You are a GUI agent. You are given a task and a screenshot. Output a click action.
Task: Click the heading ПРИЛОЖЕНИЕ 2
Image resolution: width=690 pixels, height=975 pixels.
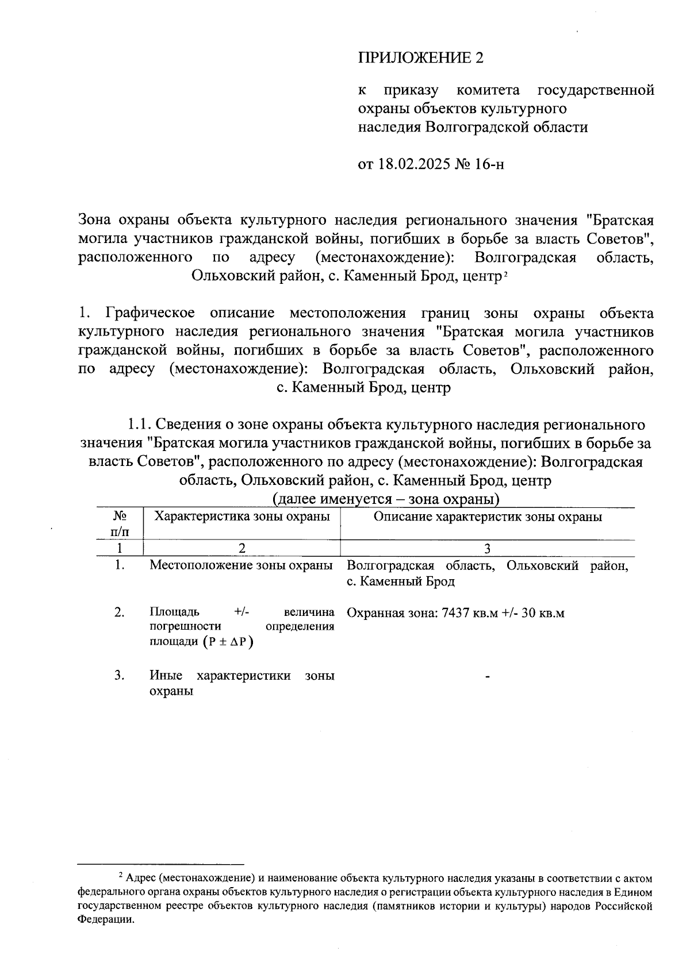421,57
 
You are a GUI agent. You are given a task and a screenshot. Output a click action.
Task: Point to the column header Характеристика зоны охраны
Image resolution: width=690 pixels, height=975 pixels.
242,516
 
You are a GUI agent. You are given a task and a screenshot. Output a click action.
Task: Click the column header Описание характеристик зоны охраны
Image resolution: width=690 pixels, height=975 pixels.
488,516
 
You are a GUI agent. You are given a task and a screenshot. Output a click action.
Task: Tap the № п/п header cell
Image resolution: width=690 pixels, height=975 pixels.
120,523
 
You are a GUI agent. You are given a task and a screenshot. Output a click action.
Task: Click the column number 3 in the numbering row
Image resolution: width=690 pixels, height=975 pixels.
487,548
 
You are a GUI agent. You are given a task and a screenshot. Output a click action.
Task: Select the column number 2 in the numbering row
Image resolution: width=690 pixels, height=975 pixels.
242,548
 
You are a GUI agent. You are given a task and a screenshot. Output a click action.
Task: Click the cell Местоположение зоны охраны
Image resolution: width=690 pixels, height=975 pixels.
241,565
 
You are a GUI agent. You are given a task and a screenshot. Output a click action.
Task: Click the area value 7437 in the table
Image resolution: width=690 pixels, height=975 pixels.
455,613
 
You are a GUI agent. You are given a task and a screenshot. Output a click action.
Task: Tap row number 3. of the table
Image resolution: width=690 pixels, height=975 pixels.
120,675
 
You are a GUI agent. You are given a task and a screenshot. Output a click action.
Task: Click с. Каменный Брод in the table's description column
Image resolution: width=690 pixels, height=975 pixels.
401,581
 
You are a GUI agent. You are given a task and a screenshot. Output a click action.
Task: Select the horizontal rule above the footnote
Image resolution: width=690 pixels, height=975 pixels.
161,863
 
